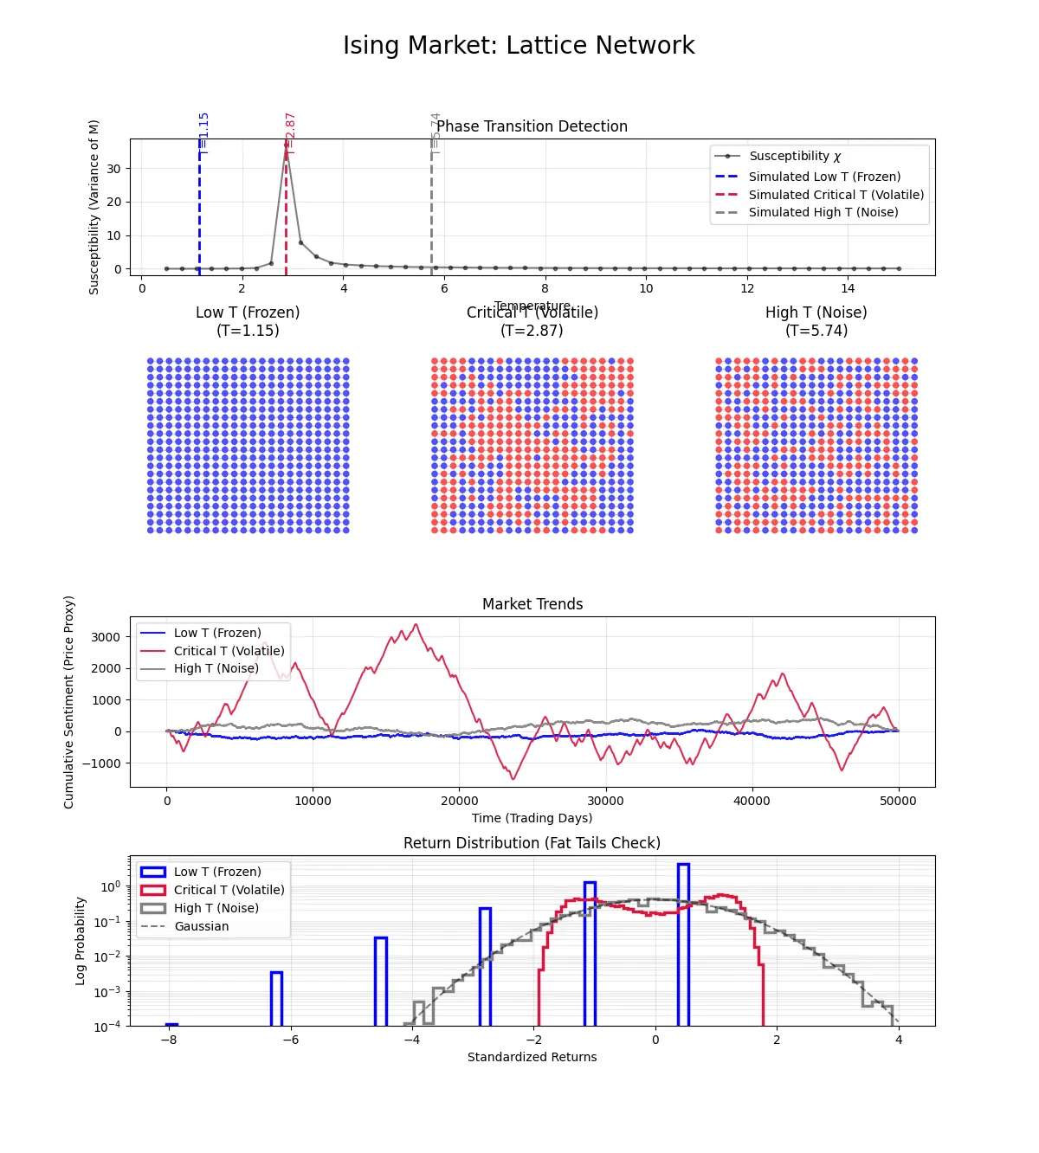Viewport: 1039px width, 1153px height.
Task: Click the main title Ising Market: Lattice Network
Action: click(519, 45)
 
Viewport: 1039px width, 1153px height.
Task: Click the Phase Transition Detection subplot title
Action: click(532, 126)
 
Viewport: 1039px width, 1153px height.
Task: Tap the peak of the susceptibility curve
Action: click(286, 145)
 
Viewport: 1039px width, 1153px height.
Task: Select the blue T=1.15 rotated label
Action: click(203, 133)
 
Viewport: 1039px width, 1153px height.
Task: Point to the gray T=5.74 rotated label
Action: click(436, 133)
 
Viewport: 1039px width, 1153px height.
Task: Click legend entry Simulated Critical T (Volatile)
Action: click(836, 195)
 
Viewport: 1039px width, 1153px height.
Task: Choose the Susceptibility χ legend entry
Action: click(794, 156)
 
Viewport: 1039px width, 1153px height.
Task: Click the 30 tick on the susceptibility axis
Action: click(114, 169)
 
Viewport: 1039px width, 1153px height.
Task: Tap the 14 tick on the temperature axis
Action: click(848, 288)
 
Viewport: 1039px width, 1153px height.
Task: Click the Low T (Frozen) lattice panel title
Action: click(248, 321)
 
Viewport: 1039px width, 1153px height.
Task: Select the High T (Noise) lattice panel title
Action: click(816, 321)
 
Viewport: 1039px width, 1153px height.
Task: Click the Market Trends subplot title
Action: click(532, 604)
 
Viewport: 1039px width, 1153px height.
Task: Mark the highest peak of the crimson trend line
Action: click(416, 625)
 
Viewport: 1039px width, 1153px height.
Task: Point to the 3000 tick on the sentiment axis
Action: click(106, 637)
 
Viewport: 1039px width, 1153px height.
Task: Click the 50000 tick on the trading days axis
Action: click(898, 801)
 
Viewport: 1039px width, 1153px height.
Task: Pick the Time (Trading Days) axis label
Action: click(532, 818)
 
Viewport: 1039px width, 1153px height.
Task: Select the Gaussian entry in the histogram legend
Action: click(201, 926)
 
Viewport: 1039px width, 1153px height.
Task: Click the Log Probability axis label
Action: click(81, 941)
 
